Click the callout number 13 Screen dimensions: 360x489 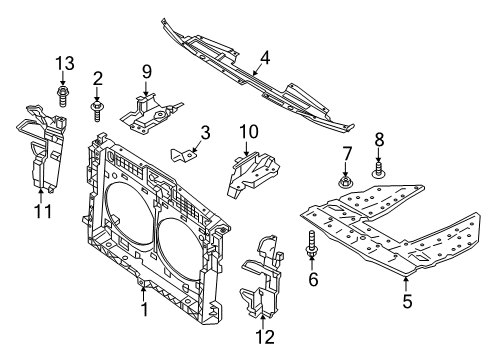[65, 65]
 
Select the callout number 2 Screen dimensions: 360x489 [98, 78]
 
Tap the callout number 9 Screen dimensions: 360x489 [146, 71]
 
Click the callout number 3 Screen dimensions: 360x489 [204, 132]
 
